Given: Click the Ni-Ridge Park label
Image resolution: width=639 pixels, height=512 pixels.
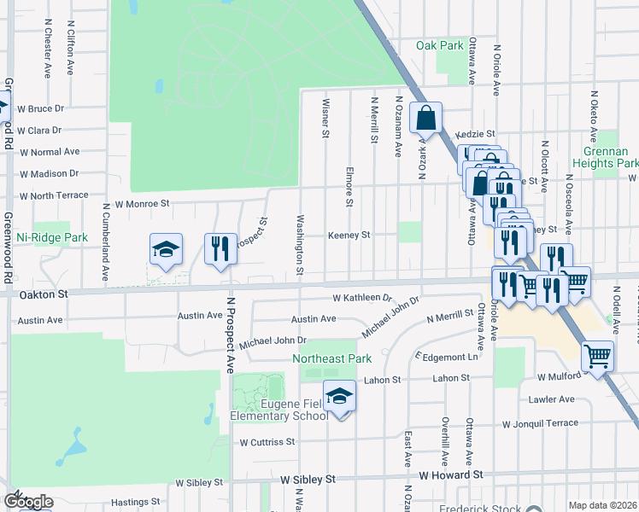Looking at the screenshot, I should pos(52,237).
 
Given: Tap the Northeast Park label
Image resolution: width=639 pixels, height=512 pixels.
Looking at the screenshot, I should pos(332,359).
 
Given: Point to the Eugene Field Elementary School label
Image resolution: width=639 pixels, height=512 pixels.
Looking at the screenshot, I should pos(278,409).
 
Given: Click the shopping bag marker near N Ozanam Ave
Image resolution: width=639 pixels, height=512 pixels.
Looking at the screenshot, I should pos(425,118).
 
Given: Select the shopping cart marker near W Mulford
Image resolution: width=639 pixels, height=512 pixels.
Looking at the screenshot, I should pos(597,356).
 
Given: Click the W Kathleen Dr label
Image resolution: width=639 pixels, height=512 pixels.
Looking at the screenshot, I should pos(361,298).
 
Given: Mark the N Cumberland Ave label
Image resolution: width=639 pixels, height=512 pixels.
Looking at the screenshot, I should pos(105,242).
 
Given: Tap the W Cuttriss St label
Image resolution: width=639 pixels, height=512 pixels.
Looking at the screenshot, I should pos(267,442).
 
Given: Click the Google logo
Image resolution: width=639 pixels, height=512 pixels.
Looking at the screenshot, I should pos(28,502).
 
